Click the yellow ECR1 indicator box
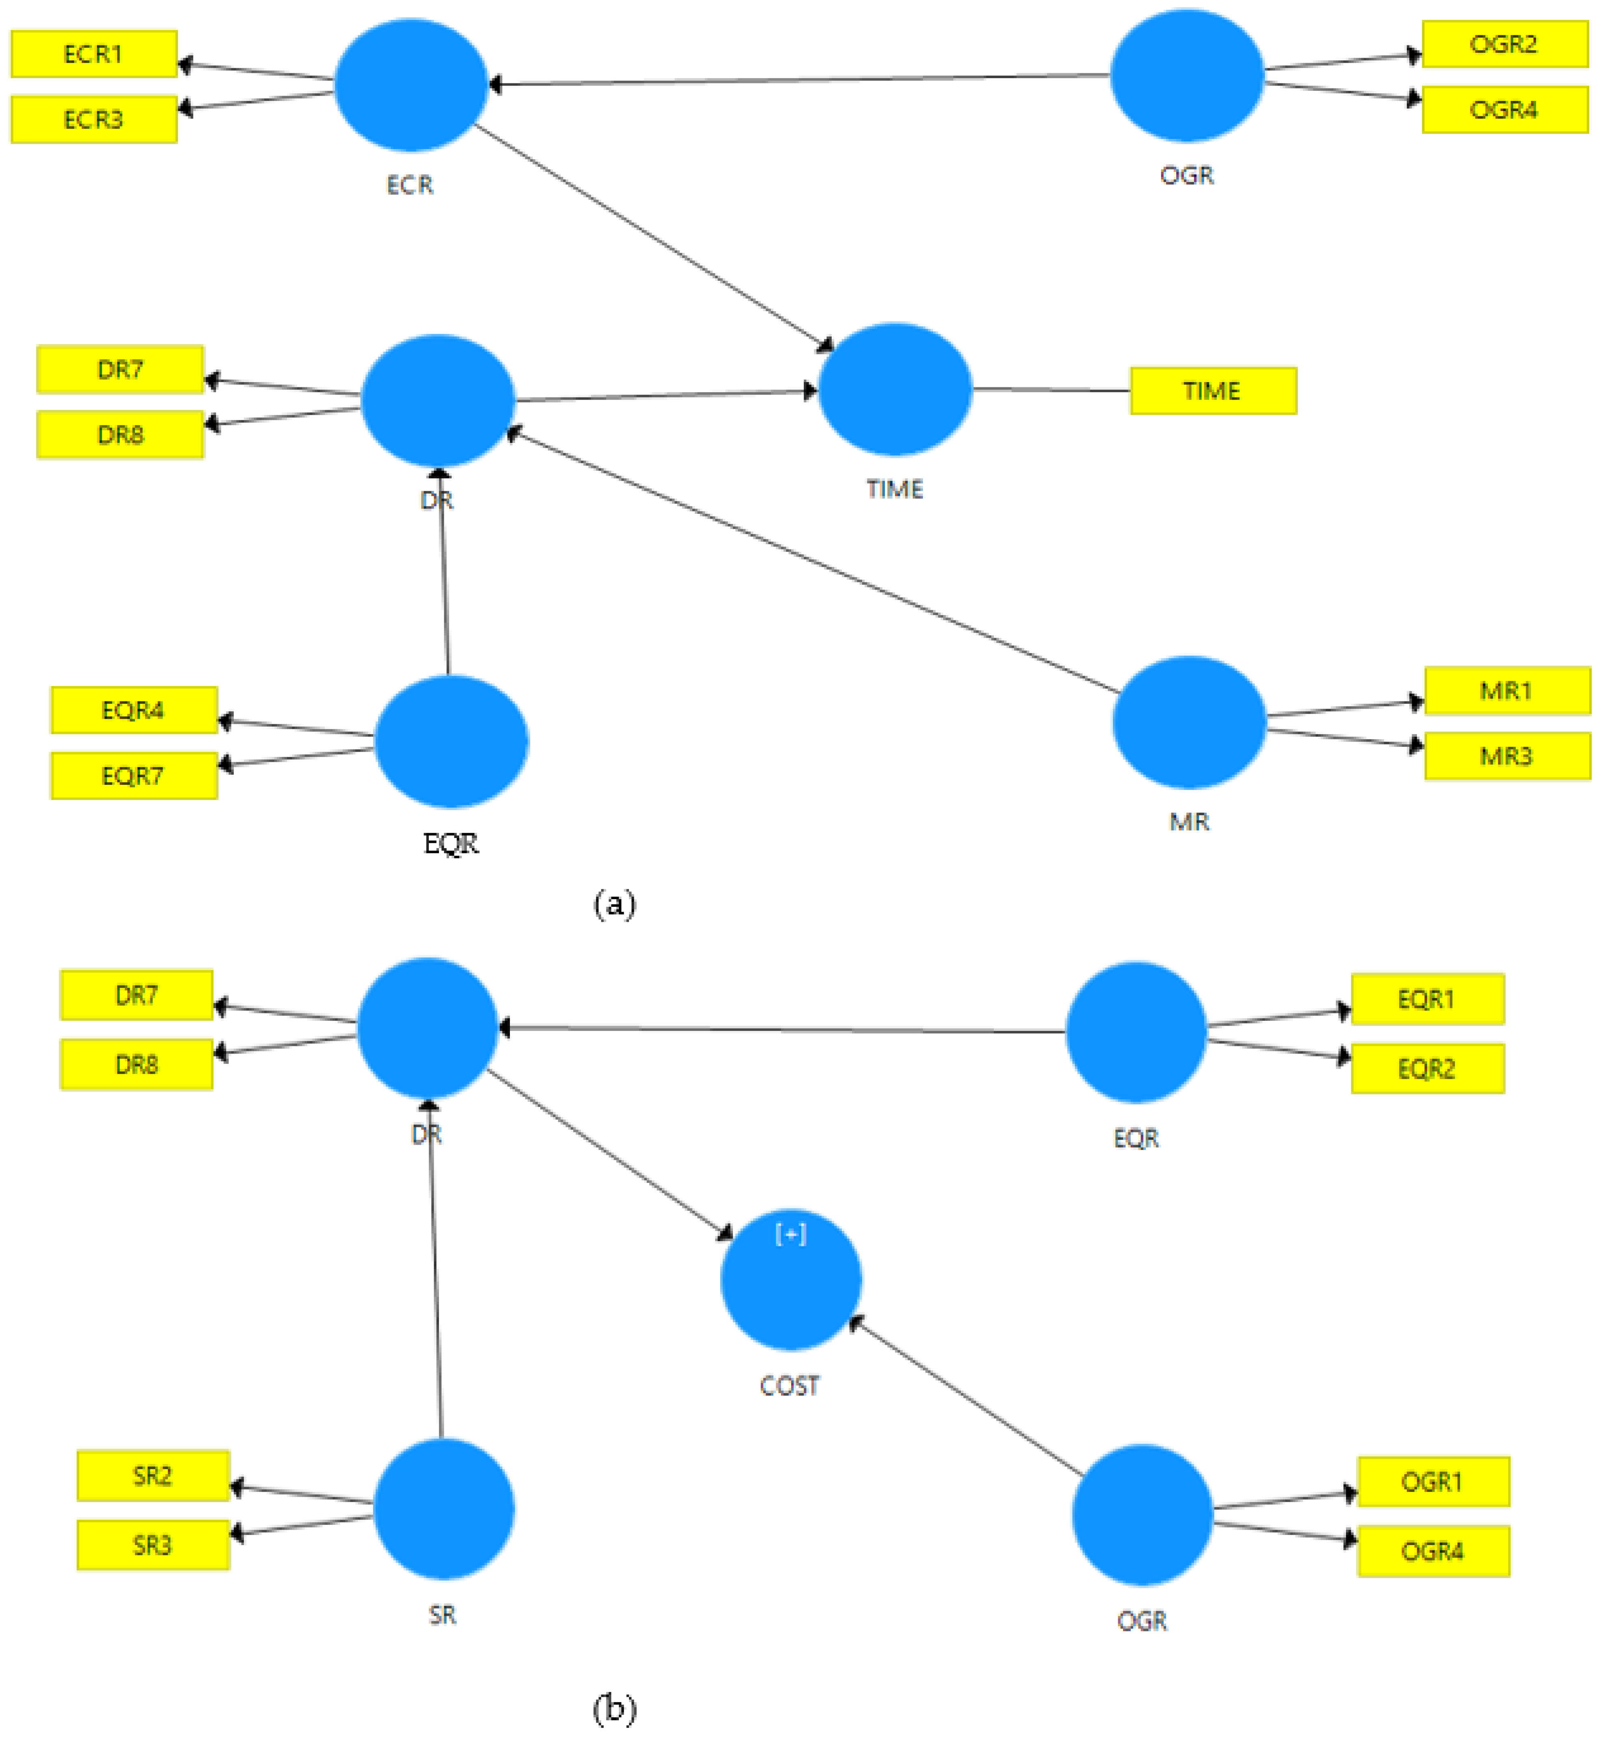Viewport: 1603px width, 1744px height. [94, 54]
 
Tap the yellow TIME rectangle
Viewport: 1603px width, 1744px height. [1213, 391]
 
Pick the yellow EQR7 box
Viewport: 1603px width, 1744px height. [134, 775]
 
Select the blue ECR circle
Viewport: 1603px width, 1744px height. [410, 85]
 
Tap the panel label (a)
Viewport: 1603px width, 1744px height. [614, 904]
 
